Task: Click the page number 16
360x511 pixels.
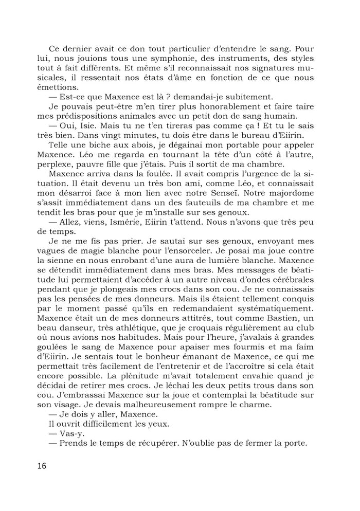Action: pos(42,466)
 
